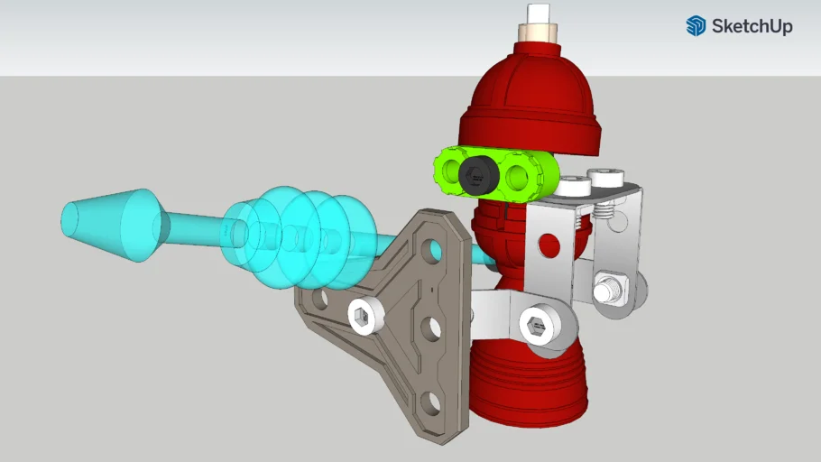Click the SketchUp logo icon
[x=696, y=26]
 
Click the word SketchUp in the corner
[x=752, y=26]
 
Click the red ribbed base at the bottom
[x=528, y=388]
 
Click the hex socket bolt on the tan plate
[x=364, y=315]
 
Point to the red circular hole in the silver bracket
[x=543, y=242]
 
